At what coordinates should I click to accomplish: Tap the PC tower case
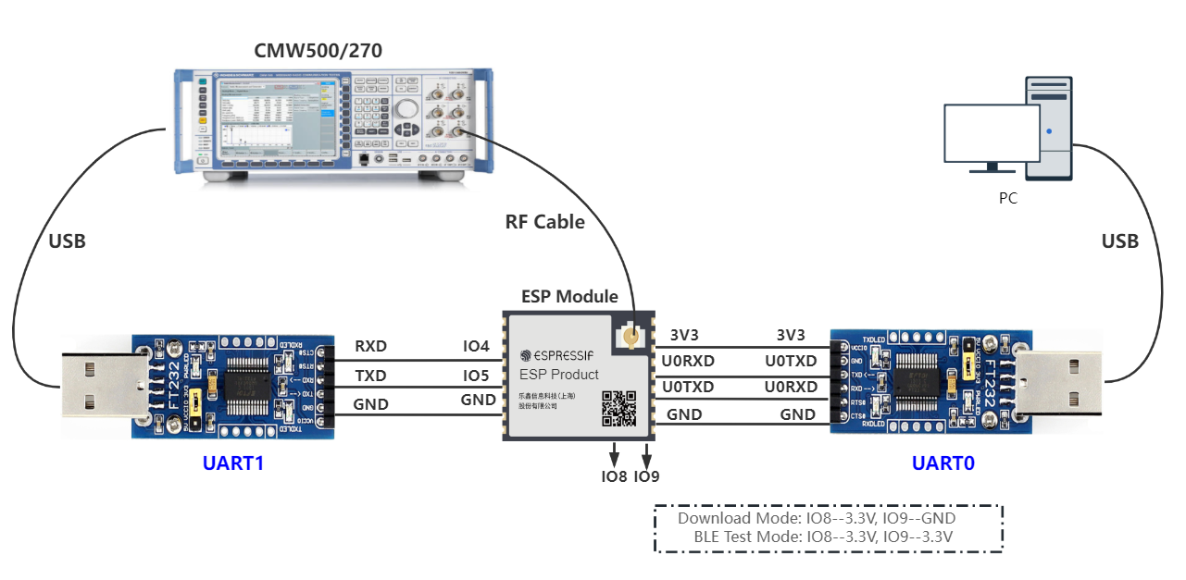click(x=1048, y=127)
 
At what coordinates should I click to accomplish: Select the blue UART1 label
click(x=233, y=463)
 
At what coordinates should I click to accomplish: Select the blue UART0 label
click(x=943, y=463)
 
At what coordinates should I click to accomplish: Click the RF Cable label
click(x=544, y=222)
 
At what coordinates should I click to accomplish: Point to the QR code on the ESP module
click(x=619, y=408)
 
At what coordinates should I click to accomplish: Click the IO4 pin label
click(x=476, y=347)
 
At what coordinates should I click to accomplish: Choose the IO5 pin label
click(x=476, y=376)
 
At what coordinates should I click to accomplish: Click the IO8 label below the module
click(x=614, y=477)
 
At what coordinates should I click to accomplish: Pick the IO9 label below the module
click(x=646, y=477)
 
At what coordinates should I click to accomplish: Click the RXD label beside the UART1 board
click(x=370, y=347)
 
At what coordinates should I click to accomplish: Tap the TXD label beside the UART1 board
click(x=370, y=376)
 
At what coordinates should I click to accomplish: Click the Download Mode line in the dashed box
click(x=829, y=518)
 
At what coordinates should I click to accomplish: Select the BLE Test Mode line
click(x=829, y=537)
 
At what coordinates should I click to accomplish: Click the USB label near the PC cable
click(x=1119, y=241)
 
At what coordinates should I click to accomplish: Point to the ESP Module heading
click(x=569, y=297)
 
